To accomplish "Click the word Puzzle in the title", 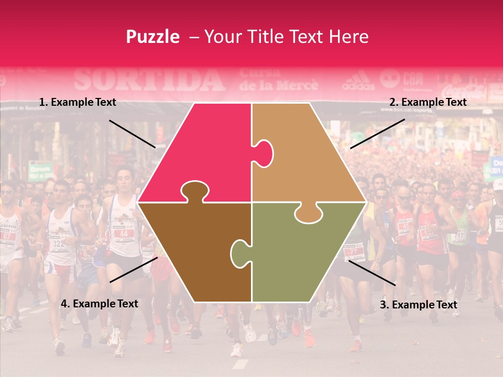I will coord(152,37).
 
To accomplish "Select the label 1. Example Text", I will coord(78,103).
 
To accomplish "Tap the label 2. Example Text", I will coord(428,103).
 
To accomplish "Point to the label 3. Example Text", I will coord(418,305).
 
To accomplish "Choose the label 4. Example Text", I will coord(99,304).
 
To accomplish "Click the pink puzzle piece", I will coord(199,152).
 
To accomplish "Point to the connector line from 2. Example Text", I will coord(377,134).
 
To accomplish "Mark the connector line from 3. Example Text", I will coord(371,273).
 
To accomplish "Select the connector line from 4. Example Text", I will coord(134,270).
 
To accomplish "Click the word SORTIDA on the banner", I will coord(149,80).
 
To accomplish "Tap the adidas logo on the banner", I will coord(358,81).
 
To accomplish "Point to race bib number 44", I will coord(123,234).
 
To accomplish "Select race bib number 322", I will coord(58,243).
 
